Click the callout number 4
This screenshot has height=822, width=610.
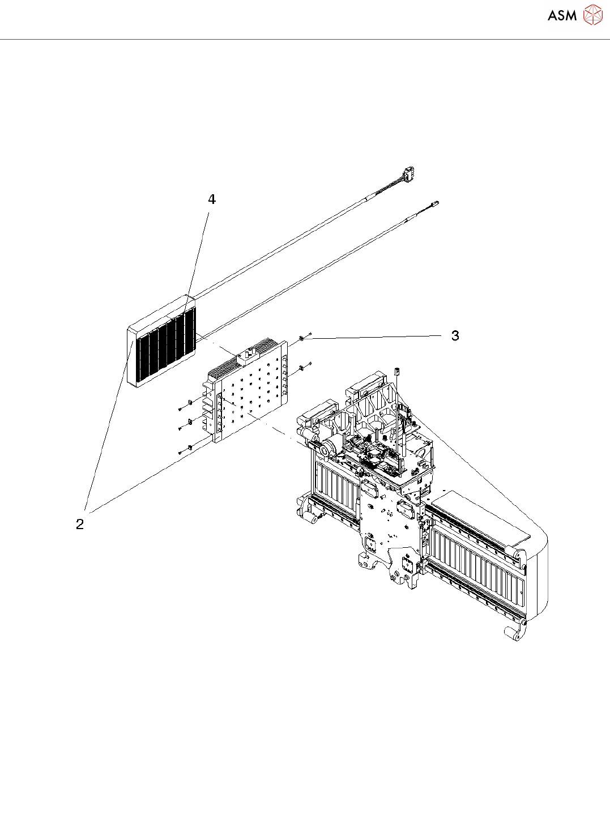point(212,199)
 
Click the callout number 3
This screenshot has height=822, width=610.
point(455,336)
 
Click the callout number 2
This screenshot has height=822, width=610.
point(80,524)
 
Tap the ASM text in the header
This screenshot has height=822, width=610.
point(562,16)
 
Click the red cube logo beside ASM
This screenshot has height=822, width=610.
point(592,15)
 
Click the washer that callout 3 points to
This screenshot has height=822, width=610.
point(302,339)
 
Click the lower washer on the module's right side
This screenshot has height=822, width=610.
point(302,368)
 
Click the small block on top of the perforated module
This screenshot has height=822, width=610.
point(246,356)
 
